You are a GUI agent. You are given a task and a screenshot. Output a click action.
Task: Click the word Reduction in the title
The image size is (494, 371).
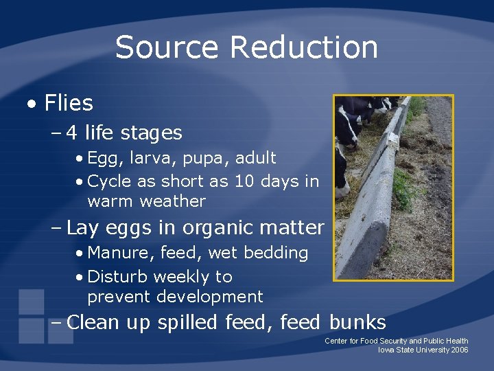pyautogui.click(x=304, y=47)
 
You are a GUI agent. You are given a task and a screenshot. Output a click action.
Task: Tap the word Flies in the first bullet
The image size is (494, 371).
pyautogui.click(x=69, y=103)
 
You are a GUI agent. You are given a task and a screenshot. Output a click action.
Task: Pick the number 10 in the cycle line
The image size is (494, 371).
pyautogui.click(x=244, y=181)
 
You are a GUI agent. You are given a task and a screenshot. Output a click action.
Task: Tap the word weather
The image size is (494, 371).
pyautogui.click(x=172, y=201)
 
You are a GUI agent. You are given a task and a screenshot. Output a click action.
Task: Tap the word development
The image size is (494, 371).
pyautogui.click(x=209, y=297)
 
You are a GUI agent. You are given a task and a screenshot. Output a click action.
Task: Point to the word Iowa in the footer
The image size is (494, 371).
pyautogui.click(x=388, y=350)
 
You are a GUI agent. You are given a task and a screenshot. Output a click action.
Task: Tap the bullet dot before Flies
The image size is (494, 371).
pyautogui.click(x=32, y=104)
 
